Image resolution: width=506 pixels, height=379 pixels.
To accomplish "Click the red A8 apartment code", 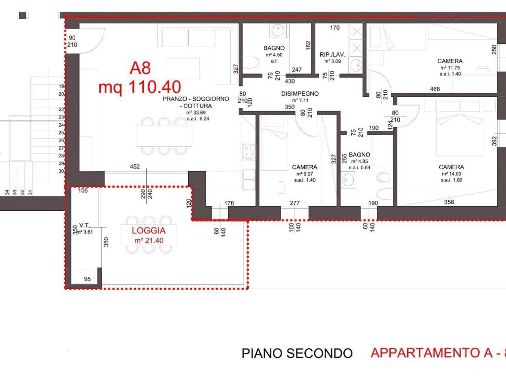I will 140,68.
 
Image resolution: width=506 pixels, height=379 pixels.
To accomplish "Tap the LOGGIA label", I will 149,231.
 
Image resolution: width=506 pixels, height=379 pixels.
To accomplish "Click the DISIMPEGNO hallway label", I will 300,93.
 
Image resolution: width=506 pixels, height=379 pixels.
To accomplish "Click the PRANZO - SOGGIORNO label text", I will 196,99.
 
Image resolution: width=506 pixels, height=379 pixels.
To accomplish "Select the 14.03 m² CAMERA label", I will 451,167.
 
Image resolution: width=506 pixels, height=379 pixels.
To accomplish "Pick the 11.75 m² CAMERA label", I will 450,61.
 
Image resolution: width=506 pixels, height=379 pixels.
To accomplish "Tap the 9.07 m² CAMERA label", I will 305,167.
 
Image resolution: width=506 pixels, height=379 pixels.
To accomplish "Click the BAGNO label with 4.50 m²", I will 273,48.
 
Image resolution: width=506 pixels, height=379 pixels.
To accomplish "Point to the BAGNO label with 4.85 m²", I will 360,154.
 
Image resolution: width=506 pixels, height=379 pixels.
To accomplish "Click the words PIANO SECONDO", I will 297,353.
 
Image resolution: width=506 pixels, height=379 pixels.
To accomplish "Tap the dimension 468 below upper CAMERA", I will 435,89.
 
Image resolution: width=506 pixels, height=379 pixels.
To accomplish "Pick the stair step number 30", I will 61,171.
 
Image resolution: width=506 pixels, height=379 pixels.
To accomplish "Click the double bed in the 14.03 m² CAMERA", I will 460,128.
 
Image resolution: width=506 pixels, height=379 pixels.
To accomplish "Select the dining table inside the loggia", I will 149,234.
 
